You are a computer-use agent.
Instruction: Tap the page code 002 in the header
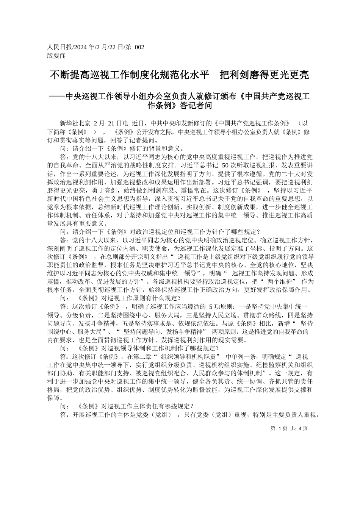[x=139, y=47]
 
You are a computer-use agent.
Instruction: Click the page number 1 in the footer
[x=279, y=428]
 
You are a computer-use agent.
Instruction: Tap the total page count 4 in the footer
[x=300, y=428]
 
